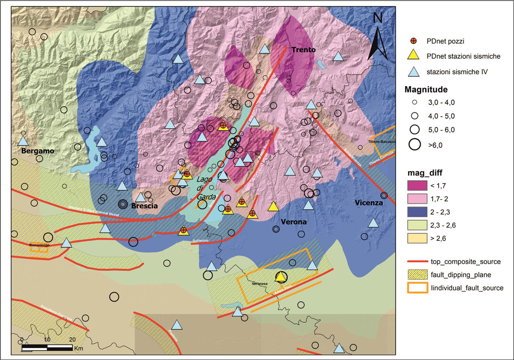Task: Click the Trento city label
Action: click(x=303, y=50)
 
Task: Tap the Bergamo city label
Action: click(x=37, y=151)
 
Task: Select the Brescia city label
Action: click(x=145, y=206)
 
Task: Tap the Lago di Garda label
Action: click(x=206, y=188)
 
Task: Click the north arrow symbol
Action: click(x=378, y=36)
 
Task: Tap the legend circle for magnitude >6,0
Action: click(x=414, y=145)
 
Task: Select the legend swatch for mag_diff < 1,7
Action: click(x=417, y=185)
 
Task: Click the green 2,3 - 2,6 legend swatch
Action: click(x=417, y=223)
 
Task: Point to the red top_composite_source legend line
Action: click(x=417, y=261)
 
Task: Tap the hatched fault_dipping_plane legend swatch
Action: click(x=417, y=274)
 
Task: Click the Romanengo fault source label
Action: click(x=39, y=245)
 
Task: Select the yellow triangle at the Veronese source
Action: click(x=281, y=277)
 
